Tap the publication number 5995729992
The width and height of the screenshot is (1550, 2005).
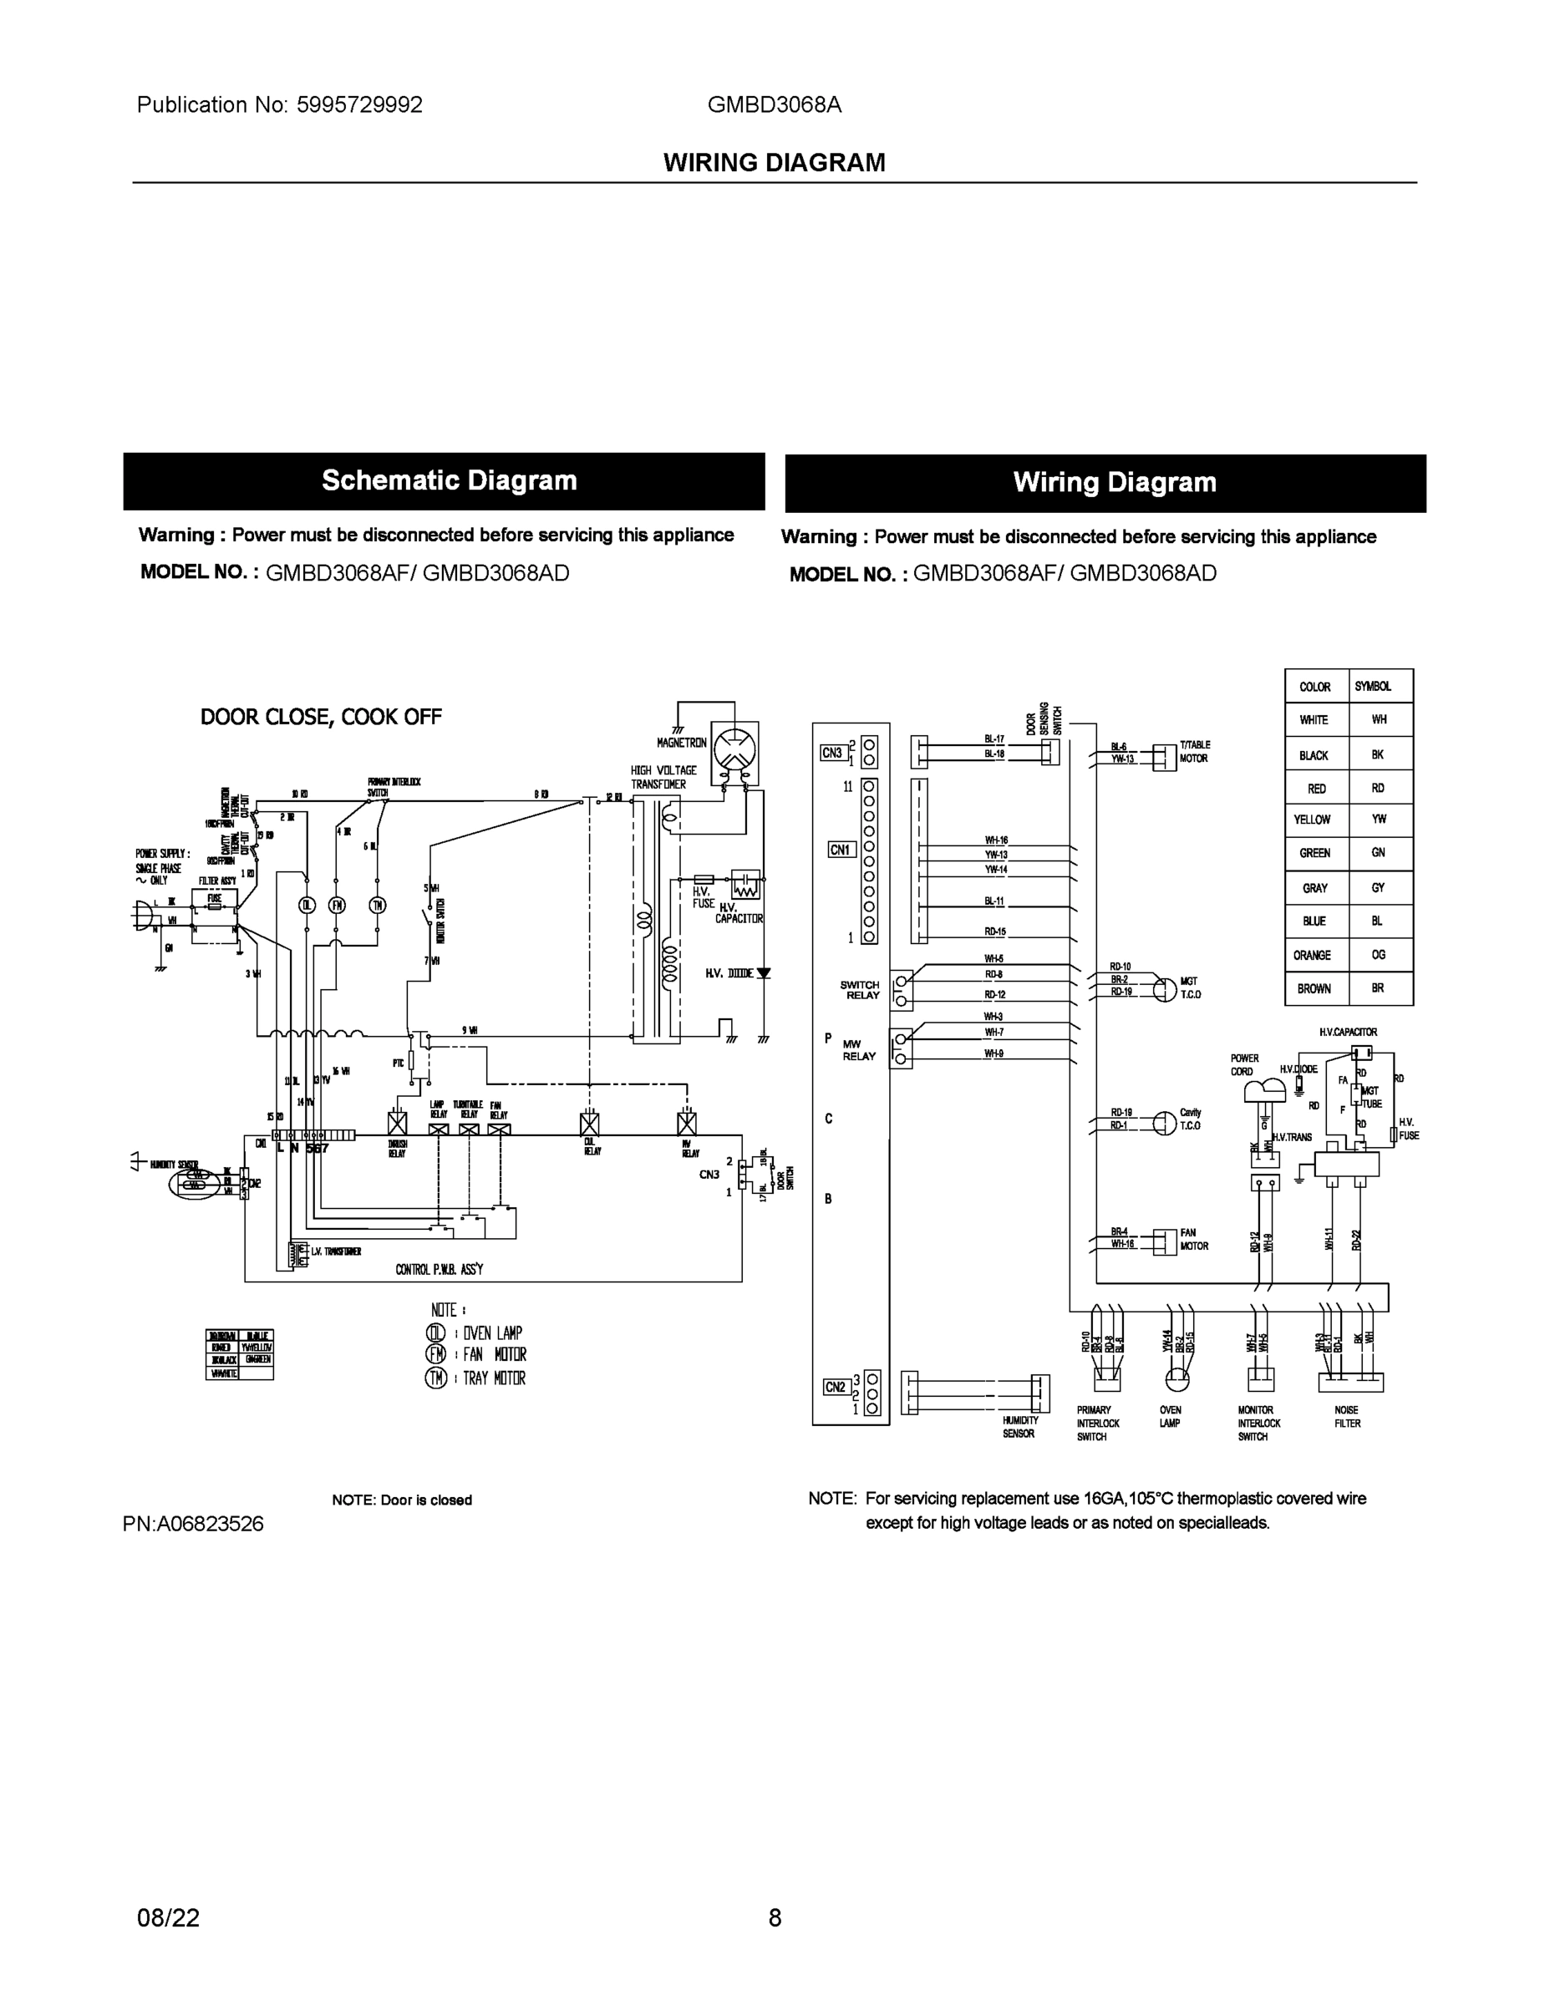359,104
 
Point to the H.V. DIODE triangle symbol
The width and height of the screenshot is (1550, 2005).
762,973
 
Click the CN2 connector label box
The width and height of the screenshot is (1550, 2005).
835,1387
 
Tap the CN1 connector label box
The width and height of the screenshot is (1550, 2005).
841,850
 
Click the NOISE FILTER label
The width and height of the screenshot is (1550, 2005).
1347,1417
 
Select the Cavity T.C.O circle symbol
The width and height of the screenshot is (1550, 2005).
1164,1123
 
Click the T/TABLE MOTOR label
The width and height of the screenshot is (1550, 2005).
1194,752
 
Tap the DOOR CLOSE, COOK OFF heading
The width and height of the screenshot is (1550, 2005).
321,717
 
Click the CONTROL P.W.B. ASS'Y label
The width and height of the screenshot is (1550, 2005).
439,1270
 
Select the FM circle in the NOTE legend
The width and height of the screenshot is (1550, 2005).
435,1354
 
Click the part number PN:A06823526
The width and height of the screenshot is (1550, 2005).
193,1524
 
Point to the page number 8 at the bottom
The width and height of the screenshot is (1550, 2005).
774,1918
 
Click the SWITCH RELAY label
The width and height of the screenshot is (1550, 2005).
861,990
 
